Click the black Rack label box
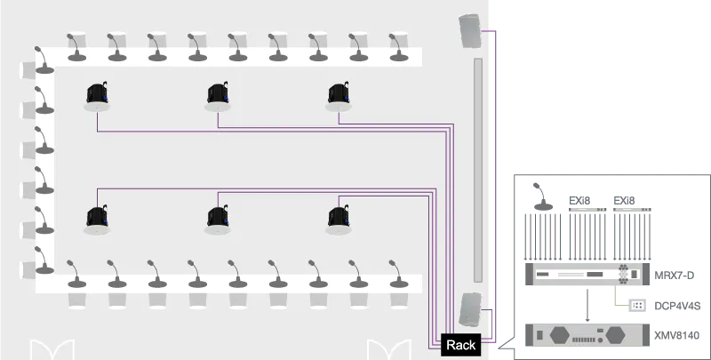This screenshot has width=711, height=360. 460,345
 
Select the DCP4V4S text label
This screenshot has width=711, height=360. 677,306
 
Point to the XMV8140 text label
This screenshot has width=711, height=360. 676,335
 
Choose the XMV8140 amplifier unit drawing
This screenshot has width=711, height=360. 583,336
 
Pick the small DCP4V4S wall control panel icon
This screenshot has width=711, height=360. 637,306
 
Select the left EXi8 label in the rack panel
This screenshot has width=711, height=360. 579,201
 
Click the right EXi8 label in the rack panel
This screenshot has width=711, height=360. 625,201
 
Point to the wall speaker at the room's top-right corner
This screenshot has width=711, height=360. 470,33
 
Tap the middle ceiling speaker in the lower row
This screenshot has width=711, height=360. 217,219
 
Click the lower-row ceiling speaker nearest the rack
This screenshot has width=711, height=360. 338,219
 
